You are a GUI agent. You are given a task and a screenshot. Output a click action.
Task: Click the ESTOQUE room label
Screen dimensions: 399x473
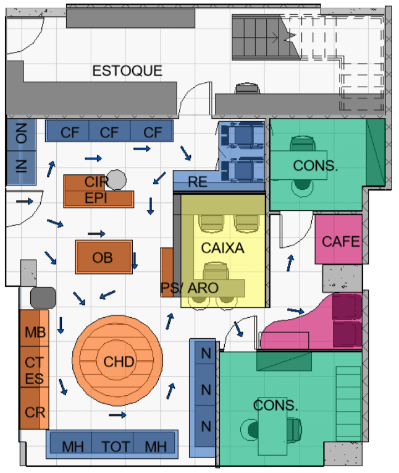(x=127, y=71)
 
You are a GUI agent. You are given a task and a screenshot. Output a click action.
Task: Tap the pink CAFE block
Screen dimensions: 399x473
(x=338, y=239)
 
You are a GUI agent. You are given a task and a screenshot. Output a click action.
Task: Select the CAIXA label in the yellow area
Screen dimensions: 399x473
(x=223, y=248)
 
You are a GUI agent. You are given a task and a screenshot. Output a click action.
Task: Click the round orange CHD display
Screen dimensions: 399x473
(x=117, y=361)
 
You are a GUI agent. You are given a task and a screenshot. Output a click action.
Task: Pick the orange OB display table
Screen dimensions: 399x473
(x=104, y=257)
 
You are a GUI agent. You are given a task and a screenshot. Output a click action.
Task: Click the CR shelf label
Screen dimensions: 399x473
(x=35, y=412)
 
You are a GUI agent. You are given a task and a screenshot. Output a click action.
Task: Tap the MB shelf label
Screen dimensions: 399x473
(x=35, y=333)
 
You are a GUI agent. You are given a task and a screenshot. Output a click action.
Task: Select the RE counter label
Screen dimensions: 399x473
(x=198, y=182)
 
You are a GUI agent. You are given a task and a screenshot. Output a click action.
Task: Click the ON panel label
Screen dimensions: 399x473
(x=21, y=134)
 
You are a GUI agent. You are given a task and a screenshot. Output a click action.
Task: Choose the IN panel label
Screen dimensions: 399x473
(x=21, y=166)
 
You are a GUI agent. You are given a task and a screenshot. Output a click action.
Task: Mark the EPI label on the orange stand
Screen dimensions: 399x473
(x=96, y=198)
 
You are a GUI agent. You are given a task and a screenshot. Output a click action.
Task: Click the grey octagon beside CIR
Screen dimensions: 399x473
(x=116, y=180)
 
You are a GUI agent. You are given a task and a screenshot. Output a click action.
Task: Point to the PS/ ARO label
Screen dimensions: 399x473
(x=190, y=288)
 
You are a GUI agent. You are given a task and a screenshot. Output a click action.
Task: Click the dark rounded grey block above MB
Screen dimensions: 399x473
(x=43, y=298)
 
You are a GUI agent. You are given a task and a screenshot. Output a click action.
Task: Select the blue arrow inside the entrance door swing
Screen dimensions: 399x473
(x=25, y=201)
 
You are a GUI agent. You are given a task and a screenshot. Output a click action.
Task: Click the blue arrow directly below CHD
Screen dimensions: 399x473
(x=117, y=415)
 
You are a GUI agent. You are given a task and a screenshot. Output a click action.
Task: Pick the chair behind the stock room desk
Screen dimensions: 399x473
(x=247, y=88)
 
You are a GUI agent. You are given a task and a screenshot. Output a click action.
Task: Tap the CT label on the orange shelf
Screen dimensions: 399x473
(x=35, y=362)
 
